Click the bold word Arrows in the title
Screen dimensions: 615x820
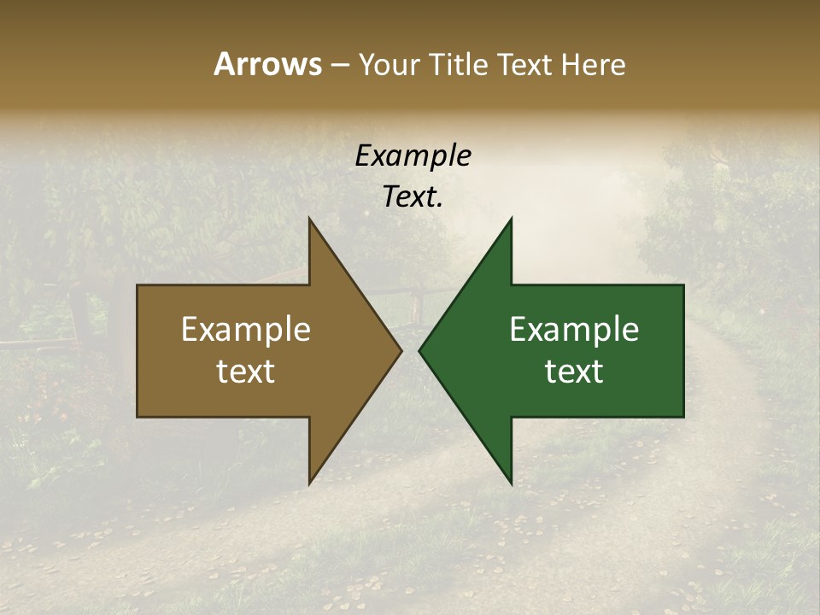(266, 64)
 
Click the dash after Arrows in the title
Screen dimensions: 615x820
(339, 66)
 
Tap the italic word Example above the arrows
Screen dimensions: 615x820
(413, 155)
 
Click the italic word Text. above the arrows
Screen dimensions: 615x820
(413, 196)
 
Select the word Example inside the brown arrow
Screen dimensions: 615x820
(246, 330)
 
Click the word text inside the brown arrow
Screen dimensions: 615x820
(246, 372)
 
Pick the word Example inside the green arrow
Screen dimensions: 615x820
(574, 330)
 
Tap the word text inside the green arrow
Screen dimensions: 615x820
(574, 372)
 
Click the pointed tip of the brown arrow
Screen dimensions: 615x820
(401, 351)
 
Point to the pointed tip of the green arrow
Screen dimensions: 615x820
(419, 351)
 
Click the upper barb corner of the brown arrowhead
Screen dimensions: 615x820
(309, 219)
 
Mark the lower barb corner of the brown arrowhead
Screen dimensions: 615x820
(309, 484)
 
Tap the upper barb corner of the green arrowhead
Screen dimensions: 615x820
(512, 219)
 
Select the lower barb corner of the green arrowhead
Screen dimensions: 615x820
(512, 484)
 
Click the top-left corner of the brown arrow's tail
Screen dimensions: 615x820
(138, 285)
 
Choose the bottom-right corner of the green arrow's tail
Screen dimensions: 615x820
(683, 417)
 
